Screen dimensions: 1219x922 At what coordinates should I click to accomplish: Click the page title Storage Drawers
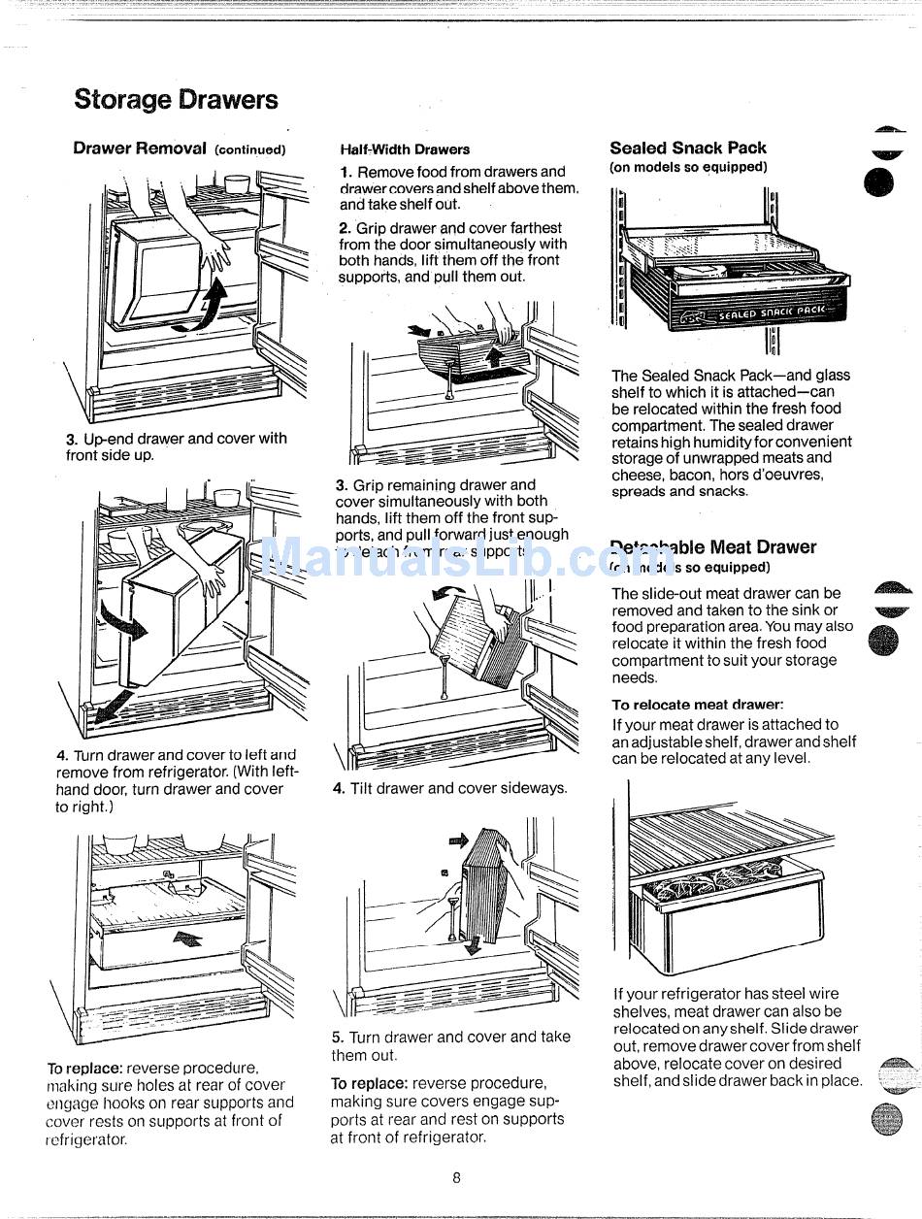pyautogui.click(x=176, y=100)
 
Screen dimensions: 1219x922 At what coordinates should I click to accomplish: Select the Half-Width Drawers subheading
pyautogui.click(x=405, y=149)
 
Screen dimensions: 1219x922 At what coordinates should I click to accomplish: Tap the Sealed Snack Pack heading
pyautogui.click(x=687, y=148)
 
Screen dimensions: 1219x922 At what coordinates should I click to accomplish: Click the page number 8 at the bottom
pyautogui.click(x=456, y=1178)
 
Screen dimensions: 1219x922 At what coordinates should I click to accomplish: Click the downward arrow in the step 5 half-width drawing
pyautogui.click(x=472, y=943)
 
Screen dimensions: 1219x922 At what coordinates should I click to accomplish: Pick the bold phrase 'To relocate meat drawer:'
pyautogui.click(x=697, y=705)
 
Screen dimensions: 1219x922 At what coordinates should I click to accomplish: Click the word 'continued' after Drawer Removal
pyautogui.click(x=249, y=150)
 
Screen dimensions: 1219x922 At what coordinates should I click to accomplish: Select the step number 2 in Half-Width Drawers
pyautogui.click(x=344, y=228)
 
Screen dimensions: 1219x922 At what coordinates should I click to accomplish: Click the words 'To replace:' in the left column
pyautogui.click(x=84, y=1068)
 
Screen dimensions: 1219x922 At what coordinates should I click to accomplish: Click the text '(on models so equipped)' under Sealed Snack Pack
pyautogui.click(x=687, y=167)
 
